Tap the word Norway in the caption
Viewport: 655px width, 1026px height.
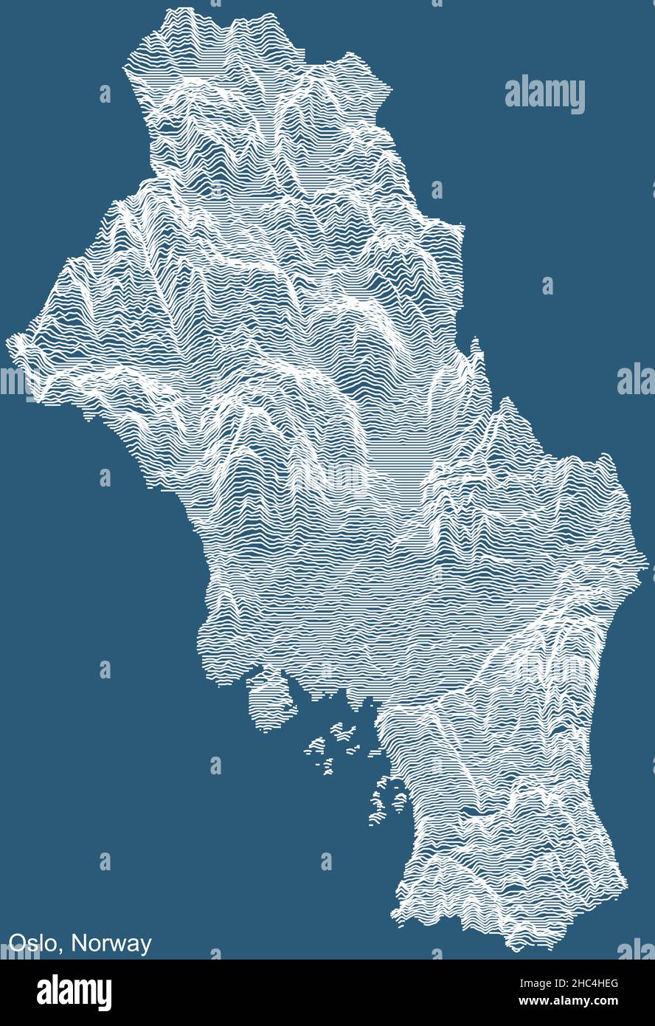click(112, 943)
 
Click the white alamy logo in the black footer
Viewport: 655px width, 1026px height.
click(74, 993)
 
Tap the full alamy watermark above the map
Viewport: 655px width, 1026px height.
click(545, 94)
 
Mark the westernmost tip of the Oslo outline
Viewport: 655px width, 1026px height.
click(9, 340)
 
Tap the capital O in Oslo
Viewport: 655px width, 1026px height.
click(16, 943)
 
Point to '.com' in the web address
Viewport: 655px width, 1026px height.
click(605, 1002)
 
